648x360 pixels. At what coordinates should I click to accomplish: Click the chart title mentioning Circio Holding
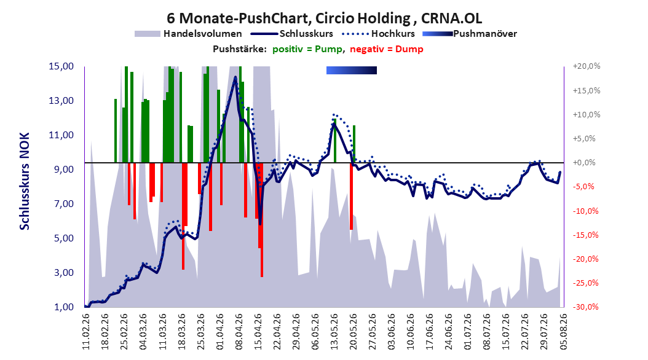[324, 18]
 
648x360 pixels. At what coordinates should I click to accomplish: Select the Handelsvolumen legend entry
[188, 34]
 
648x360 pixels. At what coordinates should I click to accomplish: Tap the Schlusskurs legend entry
[292, 34]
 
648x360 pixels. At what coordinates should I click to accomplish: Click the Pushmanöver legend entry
[470, 34]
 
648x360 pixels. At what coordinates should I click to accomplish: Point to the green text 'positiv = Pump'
[307, 49]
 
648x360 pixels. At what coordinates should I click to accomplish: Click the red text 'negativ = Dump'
[387, 49]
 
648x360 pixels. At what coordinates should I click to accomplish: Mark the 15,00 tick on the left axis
[61, 66]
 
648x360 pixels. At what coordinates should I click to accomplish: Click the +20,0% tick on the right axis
[587, 66]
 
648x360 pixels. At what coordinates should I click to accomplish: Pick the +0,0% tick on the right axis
[584, 163]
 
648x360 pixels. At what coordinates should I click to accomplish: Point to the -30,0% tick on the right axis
[585, 307]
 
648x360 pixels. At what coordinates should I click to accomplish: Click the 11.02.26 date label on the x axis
[86, 331]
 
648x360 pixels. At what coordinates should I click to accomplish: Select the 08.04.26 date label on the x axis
[239, 331]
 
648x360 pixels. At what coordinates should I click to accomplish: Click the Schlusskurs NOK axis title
[25, 181]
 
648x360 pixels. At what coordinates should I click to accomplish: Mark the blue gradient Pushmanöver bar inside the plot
[352, 70]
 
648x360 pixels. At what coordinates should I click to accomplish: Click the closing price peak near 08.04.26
[235, 77]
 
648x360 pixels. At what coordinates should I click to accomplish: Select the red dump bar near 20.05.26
[351, 196]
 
